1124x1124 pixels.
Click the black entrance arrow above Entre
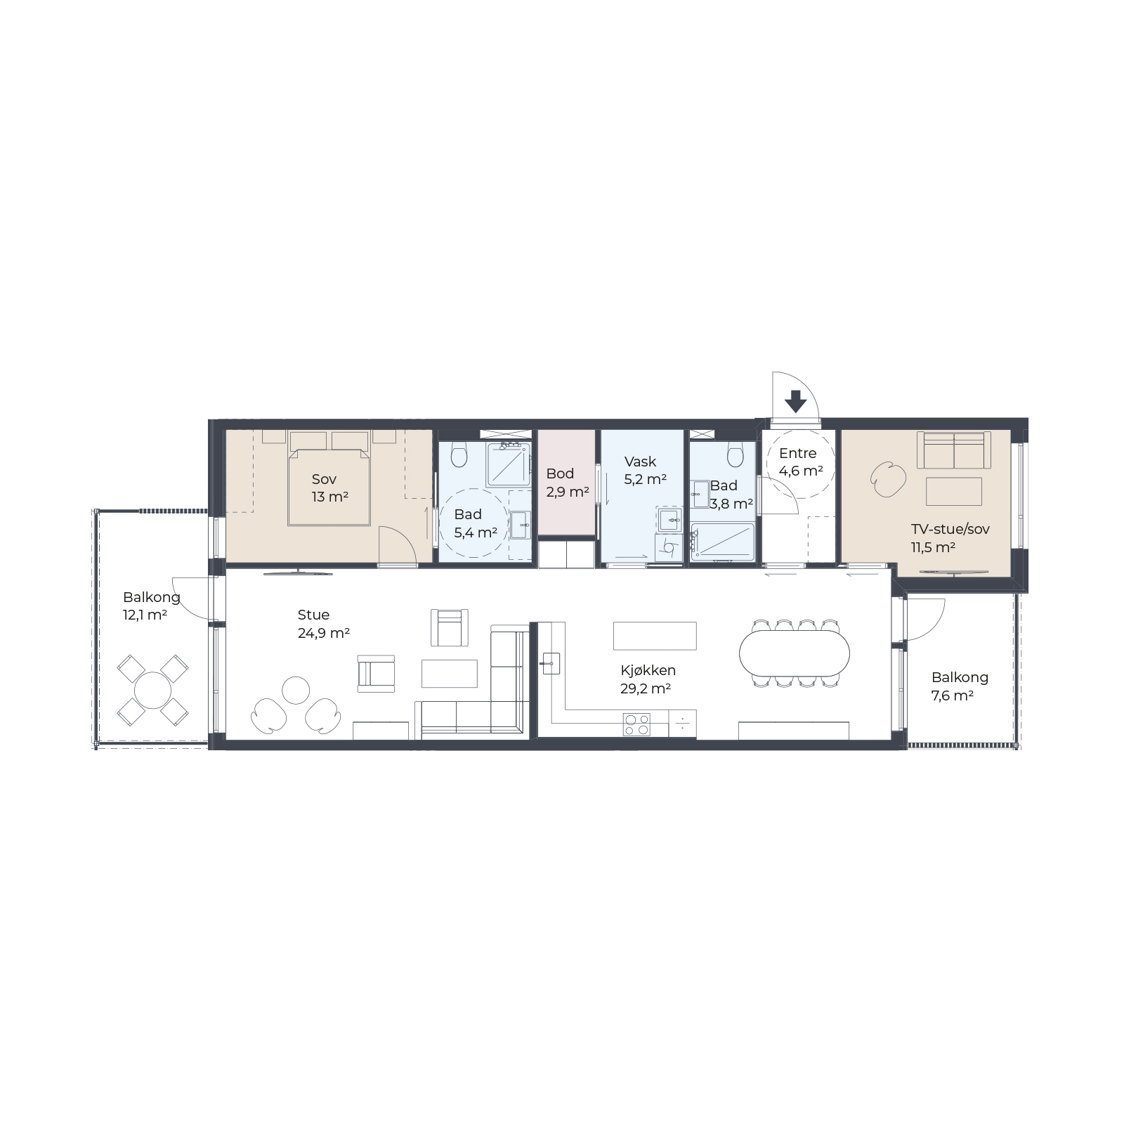(795, 401)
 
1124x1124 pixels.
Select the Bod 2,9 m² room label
(567, 483)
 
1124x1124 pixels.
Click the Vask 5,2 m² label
(645, 471)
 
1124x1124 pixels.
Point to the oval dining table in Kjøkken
(795, 653)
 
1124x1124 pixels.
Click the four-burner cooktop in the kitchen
(636, 724)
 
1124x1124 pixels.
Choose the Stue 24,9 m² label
(324, 624)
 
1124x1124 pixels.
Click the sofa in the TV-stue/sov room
(954, 450)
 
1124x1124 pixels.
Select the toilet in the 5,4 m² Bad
(459, 455)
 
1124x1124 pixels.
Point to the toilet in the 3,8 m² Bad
(736, 454)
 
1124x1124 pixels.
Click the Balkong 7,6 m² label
(960, 686)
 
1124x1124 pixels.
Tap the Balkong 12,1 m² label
(151, 606)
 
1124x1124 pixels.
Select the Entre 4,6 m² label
(801, 462)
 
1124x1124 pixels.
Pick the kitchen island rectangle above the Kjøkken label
(655, 636)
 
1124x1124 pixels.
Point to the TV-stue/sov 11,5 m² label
(950, 538)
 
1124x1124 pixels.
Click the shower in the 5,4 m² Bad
(509, 464)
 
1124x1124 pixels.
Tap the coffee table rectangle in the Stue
(450, 673)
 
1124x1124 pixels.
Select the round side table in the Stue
(296, 691)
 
